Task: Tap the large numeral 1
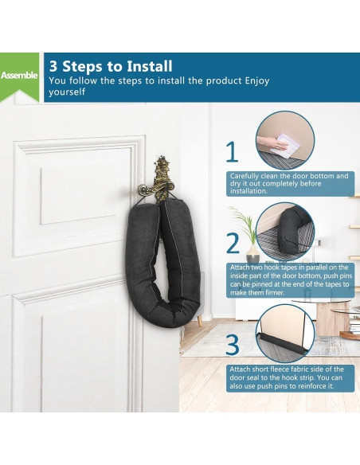233,151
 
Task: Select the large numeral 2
233,243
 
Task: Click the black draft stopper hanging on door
163,261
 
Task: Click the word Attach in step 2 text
240,268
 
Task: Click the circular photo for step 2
285,232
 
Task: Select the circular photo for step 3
285,334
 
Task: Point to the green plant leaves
244,222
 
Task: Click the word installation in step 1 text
248,191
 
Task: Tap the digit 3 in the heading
53,66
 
